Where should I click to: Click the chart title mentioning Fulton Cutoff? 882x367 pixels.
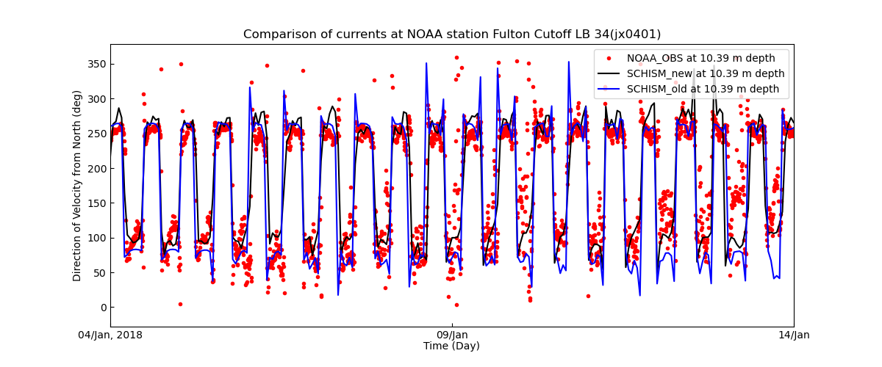[x=452, y=34]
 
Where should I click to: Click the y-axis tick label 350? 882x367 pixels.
[x=96, y=64]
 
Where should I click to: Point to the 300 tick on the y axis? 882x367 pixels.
[x=96, y=99]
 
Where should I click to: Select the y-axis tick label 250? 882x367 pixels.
[x=96, y=134]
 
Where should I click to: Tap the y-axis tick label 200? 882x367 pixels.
[x=96, y=169]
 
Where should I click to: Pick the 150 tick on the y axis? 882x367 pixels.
[x=96, y=203]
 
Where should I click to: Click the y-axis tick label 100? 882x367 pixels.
[x=96, y=239]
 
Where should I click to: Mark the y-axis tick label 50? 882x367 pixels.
[x=99, y=273]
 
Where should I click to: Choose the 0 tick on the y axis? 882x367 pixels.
[x=102, y=308]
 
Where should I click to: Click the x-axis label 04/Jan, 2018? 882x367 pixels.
[x=110, y=335]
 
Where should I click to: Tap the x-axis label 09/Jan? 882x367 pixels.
[x=452, y=335]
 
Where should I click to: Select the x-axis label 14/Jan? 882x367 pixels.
[x=794, y=335]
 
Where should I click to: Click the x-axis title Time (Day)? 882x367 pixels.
[x=452, y=346]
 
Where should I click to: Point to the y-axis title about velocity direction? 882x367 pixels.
[x=77, y=186]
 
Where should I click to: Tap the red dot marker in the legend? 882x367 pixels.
[x=609, y=58]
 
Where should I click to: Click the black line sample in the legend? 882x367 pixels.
[x=609, y=73]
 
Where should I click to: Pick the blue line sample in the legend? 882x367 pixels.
[x=609, y=89]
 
